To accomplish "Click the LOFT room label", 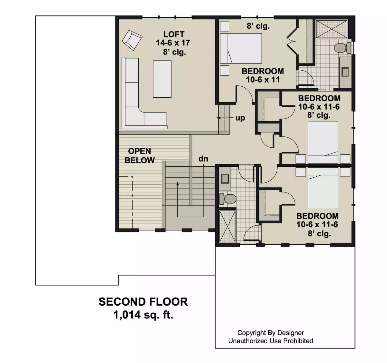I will tap(174, 34).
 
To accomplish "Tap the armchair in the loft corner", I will tap(132, 40).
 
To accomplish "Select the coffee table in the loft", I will tap(162, 79).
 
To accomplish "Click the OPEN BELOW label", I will tap(140, 156).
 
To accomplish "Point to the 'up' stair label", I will tap(240, 118).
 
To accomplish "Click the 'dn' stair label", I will tap(203, 159).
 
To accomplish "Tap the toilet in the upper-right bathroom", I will tap(342, 48).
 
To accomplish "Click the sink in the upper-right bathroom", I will tap(345, 72).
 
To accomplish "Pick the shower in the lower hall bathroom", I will tap(227, 226).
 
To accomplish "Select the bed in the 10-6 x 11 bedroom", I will tap(241, 48).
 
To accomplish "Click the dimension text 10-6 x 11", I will tap(263, 80).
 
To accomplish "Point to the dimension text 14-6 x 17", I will tap(173, 43).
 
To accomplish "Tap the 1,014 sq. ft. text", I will tap(143, 315).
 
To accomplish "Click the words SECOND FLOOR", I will tap(143, 302).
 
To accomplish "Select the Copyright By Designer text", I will tap(271, 333).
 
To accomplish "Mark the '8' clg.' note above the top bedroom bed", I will tap(258, 26).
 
